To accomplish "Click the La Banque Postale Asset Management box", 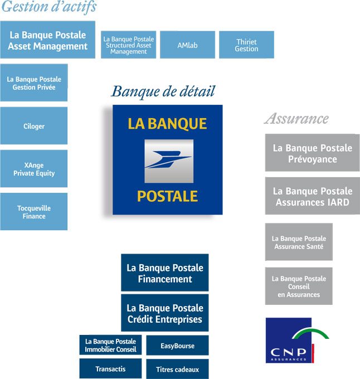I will (47, 40).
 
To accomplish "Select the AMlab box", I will (187, 45).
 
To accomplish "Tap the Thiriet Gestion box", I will (246, 45).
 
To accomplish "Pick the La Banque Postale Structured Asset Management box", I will (129, 45).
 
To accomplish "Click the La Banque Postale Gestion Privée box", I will (34, 83).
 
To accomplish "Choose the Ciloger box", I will (34, 126).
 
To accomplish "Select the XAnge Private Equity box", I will (34, 169).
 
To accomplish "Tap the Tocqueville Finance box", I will (34, 212).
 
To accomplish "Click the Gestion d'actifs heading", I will (48, 7).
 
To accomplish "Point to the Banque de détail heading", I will (163, 91).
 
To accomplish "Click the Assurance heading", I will (296, 119).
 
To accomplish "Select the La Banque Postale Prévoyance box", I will (312, 153).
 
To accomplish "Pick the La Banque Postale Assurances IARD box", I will (312, 196).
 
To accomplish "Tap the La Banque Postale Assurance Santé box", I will (299, 242).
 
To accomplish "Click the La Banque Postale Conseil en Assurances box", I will (299, 286).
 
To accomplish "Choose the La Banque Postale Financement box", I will (164, 273).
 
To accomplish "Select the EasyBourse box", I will (177, 346).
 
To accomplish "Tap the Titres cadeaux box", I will (177, 369).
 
